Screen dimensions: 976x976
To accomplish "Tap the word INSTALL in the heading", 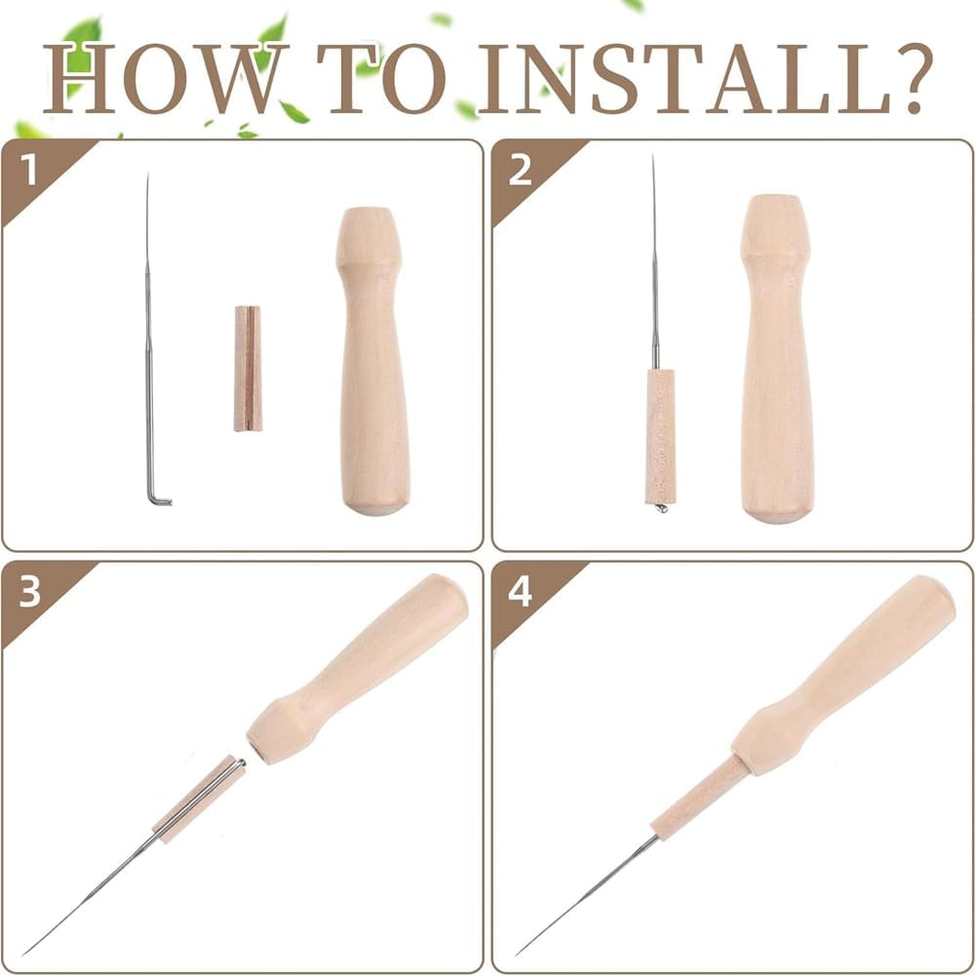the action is click(x=684, y=78).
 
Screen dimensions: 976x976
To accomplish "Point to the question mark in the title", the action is click(x=913, y=78).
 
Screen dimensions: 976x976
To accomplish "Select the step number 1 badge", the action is click(x=28, y=170).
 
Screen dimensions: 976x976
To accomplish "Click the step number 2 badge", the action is click(x=520, y=170).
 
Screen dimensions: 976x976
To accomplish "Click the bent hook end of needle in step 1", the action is click(x=159, y=498).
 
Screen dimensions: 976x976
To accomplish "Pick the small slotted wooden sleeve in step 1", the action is click(x=248, y=368).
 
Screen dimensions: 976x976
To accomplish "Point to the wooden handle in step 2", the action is click(x=777, y=359).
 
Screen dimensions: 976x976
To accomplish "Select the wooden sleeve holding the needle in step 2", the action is click(x=660, y=437).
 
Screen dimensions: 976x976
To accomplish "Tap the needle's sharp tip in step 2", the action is click(x=653, y=156).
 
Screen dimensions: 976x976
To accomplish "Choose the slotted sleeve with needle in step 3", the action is click(x=199, y=800).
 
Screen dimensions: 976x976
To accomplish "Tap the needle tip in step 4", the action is click(x=518, y=954).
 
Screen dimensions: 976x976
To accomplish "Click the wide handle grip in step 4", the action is click(x=843, y=675).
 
